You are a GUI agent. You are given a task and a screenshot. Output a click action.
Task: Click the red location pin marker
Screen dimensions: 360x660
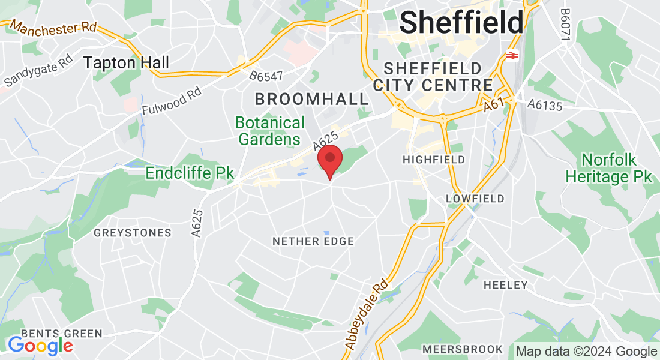click(329, 160)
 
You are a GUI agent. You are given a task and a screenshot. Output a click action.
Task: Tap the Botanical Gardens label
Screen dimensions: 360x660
click(269, 131)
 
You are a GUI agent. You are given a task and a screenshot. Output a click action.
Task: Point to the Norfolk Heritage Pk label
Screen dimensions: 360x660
click(608, 169)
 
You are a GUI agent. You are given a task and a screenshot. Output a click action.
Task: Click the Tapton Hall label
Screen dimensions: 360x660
click(126, 62)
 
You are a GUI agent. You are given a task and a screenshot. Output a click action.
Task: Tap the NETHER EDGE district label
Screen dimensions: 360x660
click(313, 241)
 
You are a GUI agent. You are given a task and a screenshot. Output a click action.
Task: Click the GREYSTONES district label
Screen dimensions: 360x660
click(133, 233)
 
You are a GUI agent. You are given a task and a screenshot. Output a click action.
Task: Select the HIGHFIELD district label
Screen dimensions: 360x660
click(434, 160)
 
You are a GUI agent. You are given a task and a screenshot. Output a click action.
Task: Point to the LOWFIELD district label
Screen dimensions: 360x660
click(475, 199)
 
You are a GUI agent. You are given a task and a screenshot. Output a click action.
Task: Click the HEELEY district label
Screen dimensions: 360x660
click(506, 285)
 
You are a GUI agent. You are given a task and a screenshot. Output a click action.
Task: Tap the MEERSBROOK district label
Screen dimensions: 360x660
click(462, 349)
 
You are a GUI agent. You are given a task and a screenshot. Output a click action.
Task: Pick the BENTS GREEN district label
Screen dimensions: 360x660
click(62, 334)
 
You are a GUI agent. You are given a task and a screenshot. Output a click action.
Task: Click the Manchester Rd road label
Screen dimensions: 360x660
click(53, 28)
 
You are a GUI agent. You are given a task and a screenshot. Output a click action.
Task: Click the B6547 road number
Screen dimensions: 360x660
click(266, 76)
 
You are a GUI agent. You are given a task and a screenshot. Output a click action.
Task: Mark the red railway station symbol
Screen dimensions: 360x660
click(512, 56)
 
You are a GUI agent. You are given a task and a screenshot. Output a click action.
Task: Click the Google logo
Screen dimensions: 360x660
click(40, 346)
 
